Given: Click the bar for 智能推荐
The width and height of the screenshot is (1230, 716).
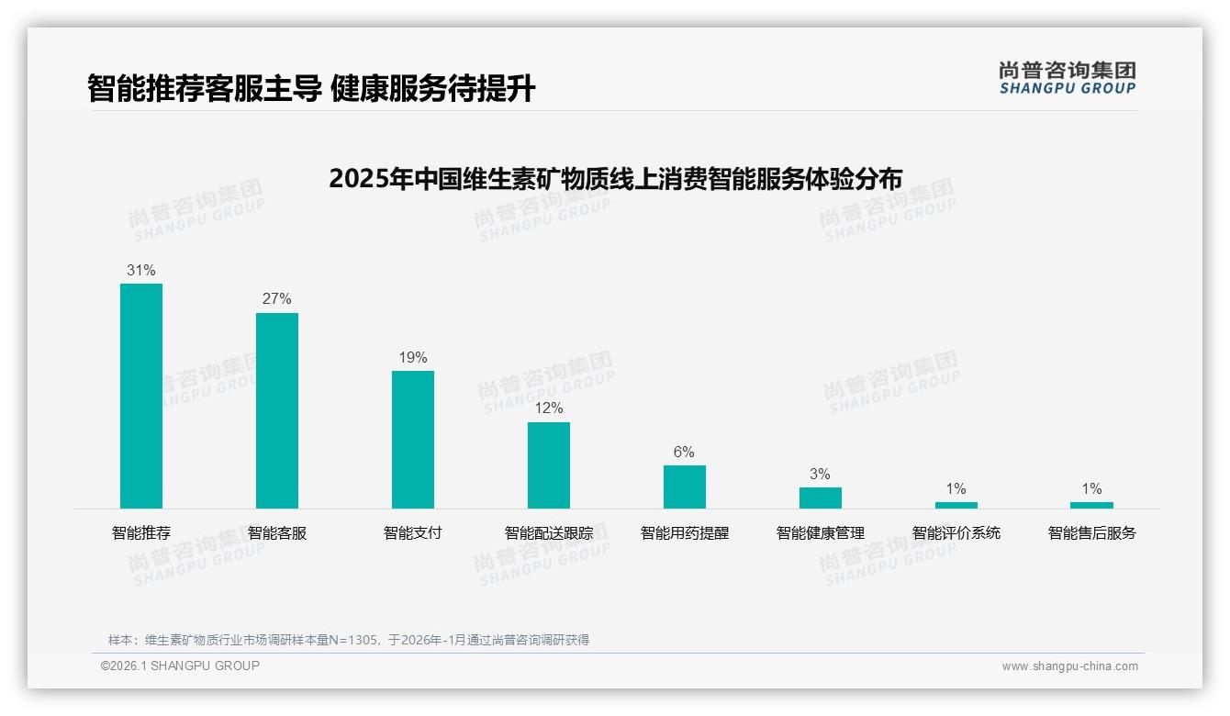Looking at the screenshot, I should click(141, 396).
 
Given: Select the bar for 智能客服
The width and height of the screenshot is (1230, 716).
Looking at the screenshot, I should click(277, 410).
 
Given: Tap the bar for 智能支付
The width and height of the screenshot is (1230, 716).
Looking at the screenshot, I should click(413, 440).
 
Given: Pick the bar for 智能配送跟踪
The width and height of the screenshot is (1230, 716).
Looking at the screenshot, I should click(549, 465).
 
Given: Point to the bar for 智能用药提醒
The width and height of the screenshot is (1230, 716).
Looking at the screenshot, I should click(685, 487).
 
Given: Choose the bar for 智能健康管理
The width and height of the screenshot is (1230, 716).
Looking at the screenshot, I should click(821, 498).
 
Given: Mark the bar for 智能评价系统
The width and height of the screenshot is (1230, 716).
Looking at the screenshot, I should click(956, 505).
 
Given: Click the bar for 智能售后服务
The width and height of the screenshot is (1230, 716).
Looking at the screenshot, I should click(1091, 505).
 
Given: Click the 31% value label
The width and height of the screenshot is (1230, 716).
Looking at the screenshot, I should click(141, 271).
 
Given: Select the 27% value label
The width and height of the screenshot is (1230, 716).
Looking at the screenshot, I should click(277, 299).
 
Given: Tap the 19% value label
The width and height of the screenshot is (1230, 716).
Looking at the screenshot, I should click(413, 358).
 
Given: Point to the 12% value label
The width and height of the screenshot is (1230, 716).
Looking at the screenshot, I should click(549, 408).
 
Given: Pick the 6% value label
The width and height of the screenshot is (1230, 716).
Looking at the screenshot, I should click(685, 453).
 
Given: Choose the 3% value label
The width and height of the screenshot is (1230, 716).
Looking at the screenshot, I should click(821, 475).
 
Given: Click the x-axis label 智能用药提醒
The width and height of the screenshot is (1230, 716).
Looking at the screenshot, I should click(685, 533).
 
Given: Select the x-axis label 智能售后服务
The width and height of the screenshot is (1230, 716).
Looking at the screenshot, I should click(1091, 533).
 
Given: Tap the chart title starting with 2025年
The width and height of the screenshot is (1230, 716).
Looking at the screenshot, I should click(615, 178).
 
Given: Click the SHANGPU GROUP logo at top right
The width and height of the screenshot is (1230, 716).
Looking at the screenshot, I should click(1068, 78).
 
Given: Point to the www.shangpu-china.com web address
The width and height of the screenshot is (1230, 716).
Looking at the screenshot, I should click(1069, 666).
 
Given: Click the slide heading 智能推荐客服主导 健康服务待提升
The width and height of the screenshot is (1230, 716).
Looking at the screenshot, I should click(311, 88).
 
